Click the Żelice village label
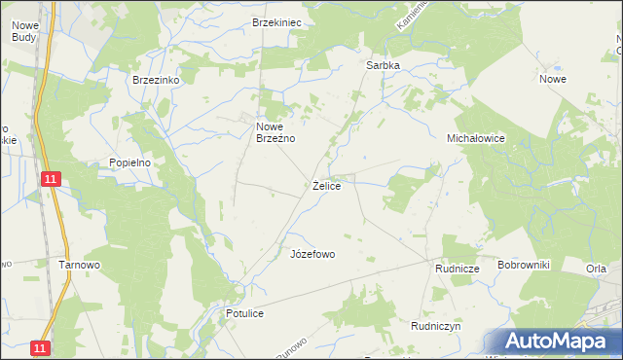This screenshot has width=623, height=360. coord(326,185)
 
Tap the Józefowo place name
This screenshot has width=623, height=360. coord(312,254)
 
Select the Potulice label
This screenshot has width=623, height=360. coord(245,314)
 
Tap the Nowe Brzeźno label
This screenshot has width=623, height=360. coord(275,132)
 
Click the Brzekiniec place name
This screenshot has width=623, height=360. coord(276,21)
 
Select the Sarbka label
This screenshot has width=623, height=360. coord(383,65)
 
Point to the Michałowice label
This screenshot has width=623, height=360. coord(475,138)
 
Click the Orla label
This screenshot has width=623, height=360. coord(597,269)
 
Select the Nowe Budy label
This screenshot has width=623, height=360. coord(20,30)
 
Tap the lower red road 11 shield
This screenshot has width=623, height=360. coord(39,346)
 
